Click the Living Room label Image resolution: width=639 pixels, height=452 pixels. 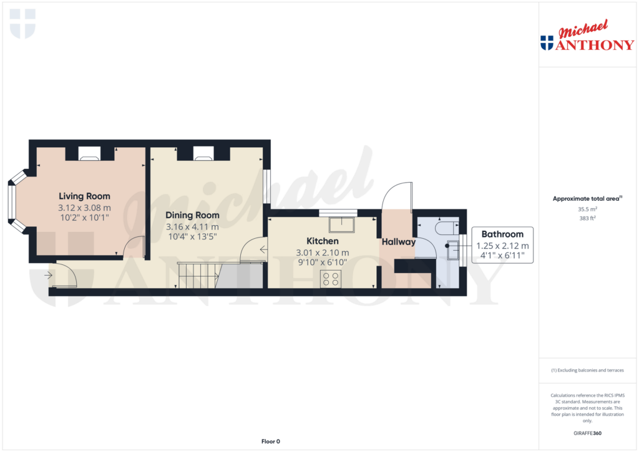[x=84, y=196]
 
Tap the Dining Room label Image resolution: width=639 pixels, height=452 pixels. [x=192, y=215]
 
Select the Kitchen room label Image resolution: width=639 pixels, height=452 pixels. [x=322, y=241]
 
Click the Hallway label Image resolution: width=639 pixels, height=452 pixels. [x=399, y=242]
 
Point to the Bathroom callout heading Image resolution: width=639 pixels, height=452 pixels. [x=502, y=234]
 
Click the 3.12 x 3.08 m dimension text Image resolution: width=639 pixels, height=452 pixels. [x=84, y=208]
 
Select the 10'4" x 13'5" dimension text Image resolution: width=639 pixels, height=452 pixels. [x=192, y=237]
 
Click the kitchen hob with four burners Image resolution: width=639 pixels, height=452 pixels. [x=330, y=279]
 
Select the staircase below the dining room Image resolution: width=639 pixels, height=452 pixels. [x=198, y=275]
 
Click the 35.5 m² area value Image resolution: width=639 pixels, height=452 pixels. [x=587, y=209]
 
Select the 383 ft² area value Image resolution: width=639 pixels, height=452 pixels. [x=587, y=219]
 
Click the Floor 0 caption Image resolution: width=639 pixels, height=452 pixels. [x=270, y=441]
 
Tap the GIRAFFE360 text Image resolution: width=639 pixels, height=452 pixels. [x=587, y=433]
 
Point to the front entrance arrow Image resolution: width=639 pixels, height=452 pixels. [x=48, y=273]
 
